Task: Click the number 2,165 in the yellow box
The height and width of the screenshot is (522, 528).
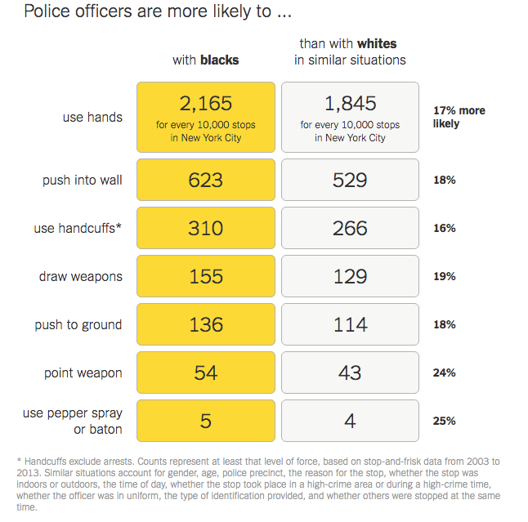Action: tap(206, 104)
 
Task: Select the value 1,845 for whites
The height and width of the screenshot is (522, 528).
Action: tap(350, 104)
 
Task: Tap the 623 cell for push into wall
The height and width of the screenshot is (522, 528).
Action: tap(206, 180)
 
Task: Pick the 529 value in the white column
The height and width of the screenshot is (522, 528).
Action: tap(350, 180)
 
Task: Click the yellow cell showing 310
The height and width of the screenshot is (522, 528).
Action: tap(206, 228)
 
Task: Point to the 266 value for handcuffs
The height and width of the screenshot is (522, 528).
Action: tap(350, 228)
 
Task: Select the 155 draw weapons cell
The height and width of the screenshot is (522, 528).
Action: tap(206, 276)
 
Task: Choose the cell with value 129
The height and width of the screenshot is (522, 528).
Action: tap(350, 276)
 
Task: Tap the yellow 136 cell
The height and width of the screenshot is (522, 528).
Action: tap(206, 324)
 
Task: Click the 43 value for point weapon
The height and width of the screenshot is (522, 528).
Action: tap(350, 373)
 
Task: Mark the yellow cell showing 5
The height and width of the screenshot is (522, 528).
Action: tap(206, 421)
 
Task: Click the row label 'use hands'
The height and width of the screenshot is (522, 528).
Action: tap(92, 117)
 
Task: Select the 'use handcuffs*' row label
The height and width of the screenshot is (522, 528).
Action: tap(78, 228)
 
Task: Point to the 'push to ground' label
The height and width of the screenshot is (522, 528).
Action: tap(78, 324)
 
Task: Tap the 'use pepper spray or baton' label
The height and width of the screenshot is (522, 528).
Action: tap(73, 422)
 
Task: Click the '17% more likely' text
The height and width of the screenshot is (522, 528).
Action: tap(459, 117)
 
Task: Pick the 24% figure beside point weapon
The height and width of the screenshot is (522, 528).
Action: tap(445, 373)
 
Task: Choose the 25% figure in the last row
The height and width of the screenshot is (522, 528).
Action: tap(445, 421)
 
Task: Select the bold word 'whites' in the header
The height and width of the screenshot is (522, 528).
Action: tap(377, 44)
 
